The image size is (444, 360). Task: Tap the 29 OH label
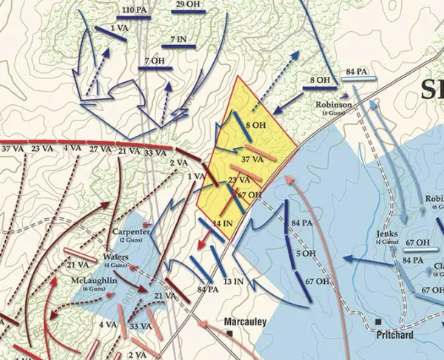tap(188, 5)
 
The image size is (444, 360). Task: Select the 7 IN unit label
tap(178, 38)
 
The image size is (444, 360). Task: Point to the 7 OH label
tap(155, 61)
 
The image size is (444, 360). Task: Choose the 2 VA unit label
tap(178, 163)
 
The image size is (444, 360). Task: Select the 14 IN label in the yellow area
tap(223, 223)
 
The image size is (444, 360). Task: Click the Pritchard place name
tap(405, 335)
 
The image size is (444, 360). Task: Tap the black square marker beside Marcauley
tap(229, 333)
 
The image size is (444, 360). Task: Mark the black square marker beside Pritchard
tap(379, 322)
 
